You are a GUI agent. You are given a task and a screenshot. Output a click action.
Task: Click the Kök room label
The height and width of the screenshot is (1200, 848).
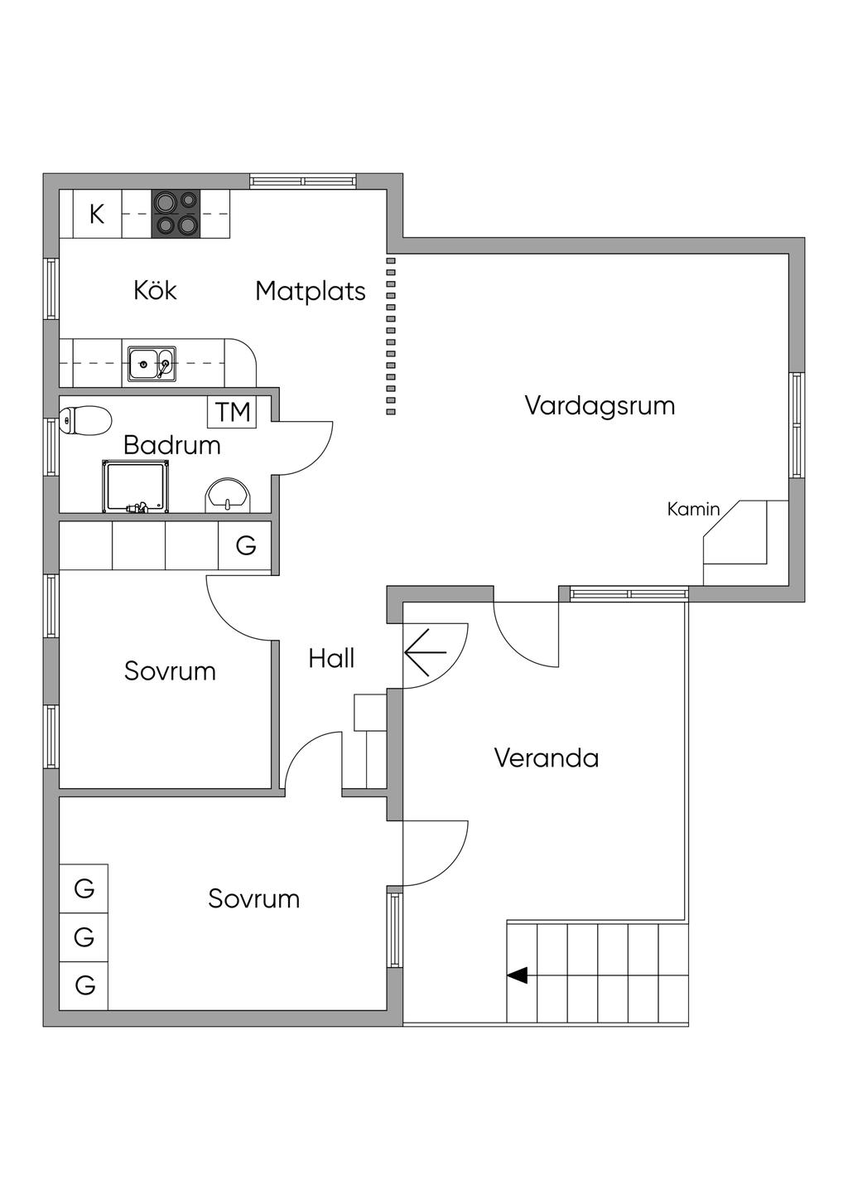155,290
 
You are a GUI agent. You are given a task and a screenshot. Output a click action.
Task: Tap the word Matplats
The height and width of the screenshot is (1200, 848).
311,292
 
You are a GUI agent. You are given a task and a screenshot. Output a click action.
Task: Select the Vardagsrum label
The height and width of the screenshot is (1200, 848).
600,405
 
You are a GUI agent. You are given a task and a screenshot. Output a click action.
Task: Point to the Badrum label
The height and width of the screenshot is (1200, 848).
172,445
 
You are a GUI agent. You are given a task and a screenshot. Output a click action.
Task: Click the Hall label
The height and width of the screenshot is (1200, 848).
331,658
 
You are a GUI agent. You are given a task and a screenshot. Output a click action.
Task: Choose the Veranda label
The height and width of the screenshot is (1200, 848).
546,758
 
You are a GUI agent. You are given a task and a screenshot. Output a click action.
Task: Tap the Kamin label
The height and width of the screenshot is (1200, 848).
693,509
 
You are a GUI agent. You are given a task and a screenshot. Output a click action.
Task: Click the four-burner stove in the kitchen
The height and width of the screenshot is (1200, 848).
176,214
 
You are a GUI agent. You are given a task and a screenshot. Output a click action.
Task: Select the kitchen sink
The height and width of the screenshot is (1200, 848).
152,364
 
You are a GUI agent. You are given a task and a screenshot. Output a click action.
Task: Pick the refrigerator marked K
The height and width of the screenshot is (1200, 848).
97,214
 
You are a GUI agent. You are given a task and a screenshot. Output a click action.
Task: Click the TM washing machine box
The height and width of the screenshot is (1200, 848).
232,412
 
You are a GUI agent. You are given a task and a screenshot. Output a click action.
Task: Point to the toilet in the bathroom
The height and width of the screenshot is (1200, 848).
85,419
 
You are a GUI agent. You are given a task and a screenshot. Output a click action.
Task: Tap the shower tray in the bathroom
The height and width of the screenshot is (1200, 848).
136,486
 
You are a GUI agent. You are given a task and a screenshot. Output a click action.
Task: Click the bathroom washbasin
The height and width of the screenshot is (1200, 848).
228,496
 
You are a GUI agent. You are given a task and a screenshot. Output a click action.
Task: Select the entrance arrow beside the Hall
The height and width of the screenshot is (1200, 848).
425,652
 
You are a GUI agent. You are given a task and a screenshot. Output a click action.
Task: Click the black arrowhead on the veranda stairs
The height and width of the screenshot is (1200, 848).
517,975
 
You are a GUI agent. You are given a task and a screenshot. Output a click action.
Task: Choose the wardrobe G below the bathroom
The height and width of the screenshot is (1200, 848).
245,546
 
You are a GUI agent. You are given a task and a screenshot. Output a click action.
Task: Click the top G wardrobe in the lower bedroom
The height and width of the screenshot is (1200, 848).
84,888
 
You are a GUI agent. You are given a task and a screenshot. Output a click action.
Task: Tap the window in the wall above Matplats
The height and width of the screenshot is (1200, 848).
303,181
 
